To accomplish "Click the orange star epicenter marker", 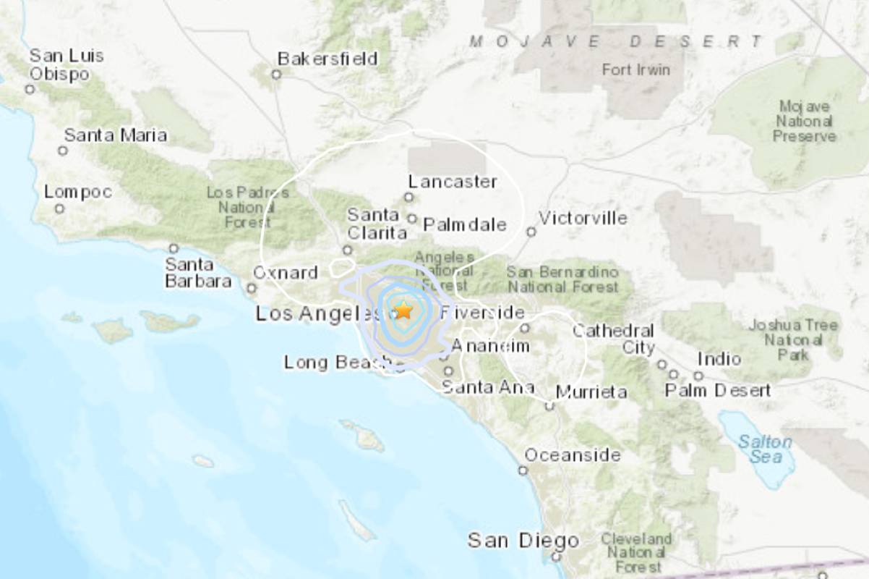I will tap(403, 310).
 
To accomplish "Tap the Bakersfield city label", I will tap(328, 59).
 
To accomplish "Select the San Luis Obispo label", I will tap(67, 65).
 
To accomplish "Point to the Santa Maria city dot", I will tap(63, 151).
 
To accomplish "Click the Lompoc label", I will tap(78, 193).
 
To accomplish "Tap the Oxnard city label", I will tap(286, 273).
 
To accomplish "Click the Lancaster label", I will tap(453, 181).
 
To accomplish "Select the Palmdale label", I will tap(464, 224).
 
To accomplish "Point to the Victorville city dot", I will tap(531, 232).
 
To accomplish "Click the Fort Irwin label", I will tap(636, 70).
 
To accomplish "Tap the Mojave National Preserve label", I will tap(805, 121).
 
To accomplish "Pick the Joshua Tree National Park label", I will tap(793, 339).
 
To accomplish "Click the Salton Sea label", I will tap(765, 449).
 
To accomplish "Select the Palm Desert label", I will tap(718, 391).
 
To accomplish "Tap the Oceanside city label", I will tap(573, 455).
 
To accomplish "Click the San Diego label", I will tap(523, 540).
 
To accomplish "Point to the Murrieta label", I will tap(591, 392).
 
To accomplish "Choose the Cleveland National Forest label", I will tap(636, 553).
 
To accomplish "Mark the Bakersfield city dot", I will tap(275, 74).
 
